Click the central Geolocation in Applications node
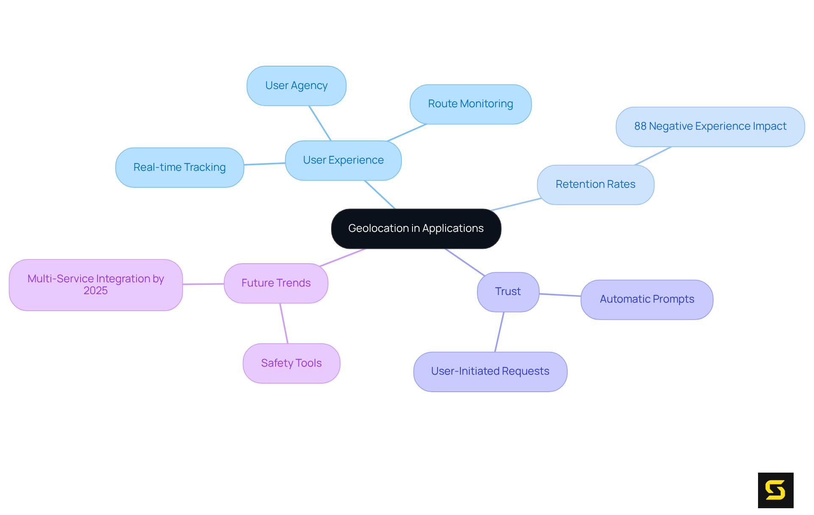click(416, 228)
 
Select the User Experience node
click(343, 160)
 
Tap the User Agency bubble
click(296, 86)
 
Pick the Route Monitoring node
click(470, 104)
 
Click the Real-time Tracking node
click(179, 167)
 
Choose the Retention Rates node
click(595, 184)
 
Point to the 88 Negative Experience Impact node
click(710, 126)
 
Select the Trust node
click(508, 292)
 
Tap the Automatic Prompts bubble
click(647, 299)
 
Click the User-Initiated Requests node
click(490, 371)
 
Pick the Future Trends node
click(276, 283)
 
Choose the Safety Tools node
click(291, 363)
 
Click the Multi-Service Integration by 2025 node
click(96, 284)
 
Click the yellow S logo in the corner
click(775, 490)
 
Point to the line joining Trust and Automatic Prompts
click(560, 295)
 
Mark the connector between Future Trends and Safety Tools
click(284, 323)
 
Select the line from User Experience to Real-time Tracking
click(265, 164)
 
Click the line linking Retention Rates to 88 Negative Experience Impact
click(653, 156)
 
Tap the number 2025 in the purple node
click(95, 291)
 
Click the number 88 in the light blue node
click(640, 126)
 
